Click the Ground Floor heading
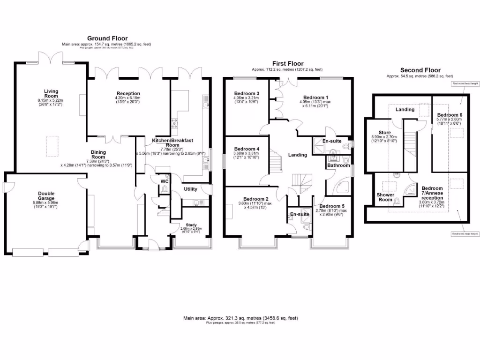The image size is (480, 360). tap(107, 38)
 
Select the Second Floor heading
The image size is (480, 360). tap(420, 70)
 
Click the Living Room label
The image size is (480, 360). tap(51, 94)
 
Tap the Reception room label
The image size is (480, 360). tap(128, 94)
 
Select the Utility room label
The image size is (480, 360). tap(190, 189)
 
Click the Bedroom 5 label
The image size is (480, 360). tap(331, 206)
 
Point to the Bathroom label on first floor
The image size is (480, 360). tap(338, 165)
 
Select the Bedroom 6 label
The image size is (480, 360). tap(450, 115)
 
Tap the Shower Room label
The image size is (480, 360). tap(385, 197)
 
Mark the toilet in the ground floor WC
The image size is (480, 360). tap(164, 189)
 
